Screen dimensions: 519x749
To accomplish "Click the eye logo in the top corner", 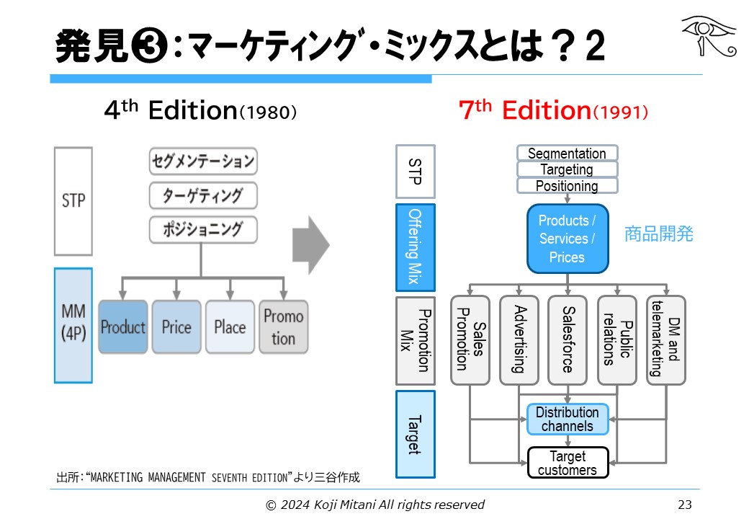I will (708, 36).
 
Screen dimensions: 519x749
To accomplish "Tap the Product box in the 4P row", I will (123, 327).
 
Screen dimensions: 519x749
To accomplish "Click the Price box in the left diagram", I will (176, 327).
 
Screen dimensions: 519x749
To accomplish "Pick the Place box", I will (230, 327).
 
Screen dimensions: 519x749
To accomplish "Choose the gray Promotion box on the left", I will (283, 327).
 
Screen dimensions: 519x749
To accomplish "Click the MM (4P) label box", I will (73, 324).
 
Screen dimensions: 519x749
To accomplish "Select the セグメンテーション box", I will (202, 161).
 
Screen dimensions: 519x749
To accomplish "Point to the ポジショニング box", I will (202, 230).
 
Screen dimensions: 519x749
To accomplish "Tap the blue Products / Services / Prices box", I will (568, 239).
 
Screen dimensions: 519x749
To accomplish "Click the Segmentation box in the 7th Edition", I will (567, 154).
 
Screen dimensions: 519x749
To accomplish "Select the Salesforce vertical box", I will (568, 340).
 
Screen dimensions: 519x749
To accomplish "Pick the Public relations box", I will (617, 340).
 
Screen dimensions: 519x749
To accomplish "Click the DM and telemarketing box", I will (665, 340).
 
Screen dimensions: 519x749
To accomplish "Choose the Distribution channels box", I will (568, 419).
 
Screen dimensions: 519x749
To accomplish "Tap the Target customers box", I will (568, 463).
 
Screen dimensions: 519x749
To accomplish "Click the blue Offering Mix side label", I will (416, 247).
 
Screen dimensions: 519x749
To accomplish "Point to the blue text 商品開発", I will (659, 234).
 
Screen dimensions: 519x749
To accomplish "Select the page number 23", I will (684, 505).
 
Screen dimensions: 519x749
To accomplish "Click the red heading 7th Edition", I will (553, 110).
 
